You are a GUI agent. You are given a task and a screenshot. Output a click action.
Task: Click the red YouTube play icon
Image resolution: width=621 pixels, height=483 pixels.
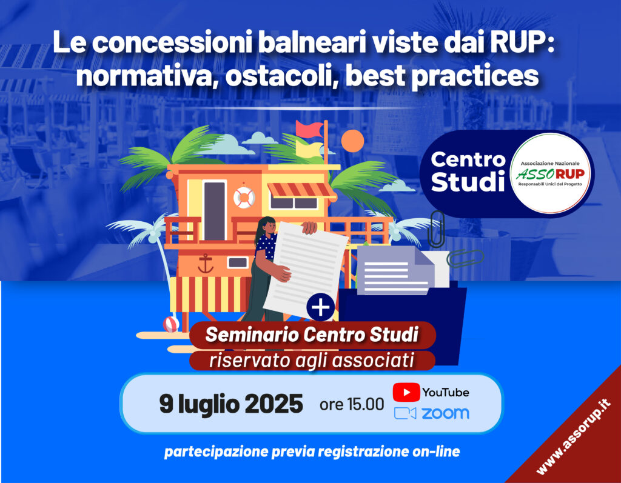point(406,392)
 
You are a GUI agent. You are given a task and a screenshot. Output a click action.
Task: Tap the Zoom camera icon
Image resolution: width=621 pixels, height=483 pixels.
point(405,413)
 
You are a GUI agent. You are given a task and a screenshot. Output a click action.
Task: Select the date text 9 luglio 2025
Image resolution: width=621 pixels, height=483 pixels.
point(231,404)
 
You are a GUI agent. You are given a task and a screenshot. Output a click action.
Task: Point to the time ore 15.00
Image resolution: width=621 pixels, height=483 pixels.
point(352,404)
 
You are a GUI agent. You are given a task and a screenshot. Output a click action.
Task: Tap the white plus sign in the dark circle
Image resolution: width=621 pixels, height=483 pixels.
point(321,307)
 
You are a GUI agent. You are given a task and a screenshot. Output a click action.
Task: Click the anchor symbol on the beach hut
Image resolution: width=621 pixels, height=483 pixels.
point(206,264)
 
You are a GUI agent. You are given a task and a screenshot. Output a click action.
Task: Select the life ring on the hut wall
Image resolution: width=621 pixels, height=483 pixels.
point(244,197)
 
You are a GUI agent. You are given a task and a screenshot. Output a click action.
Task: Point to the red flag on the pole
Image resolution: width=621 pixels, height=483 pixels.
point(309,130)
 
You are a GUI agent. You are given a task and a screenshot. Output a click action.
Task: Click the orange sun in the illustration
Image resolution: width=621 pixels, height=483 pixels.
point(352,141)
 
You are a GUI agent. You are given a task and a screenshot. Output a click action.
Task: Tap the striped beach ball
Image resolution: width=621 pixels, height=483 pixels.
point(171,324)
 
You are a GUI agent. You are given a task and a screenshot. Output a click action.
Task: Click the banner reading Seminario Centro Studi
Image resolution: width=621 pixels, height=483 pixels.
point(312,335)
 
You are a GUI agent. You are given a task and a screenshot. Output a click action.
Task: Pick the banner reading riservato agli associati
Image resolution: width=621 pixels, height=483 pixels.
point(312,360)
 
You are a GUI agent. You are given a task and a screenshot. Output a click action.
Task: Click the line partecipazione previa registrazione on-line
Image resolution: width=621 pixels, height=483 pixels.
point(312,451)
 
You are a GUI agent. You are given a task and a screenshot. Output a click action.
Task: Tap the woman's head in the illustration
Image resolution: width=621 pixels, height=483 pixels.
point(267,225)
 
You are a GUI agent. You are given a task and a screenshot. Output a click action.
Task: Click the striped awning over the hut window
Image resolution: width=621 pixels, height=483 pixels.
point(301,190)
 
